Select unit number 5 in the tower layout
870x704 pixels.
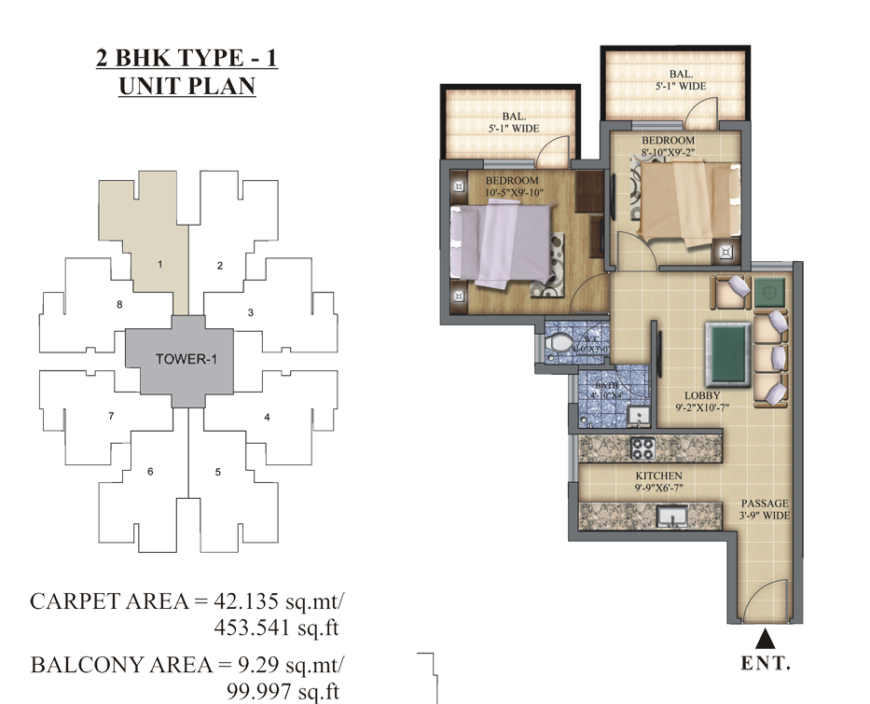[x=218, y=472]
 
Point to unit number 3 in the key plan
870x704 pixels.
[x=251, y=312]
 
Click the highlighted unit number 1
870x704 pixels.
[x=159, y=265]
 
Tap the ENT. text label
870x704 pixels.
[x=765, y=664]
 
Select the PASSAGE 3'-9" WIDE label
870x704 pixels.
[x=765, y=509]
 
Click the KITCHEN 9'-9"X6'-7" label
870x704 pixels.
[x=635, y=481]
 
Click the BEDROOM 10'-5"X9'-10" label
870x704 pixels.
[x=512, y=186]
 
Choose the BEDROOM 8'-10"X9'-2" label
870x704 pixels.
[x=668, y=146]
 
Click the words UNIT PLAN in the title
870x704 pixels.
[x=186, y=86]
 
